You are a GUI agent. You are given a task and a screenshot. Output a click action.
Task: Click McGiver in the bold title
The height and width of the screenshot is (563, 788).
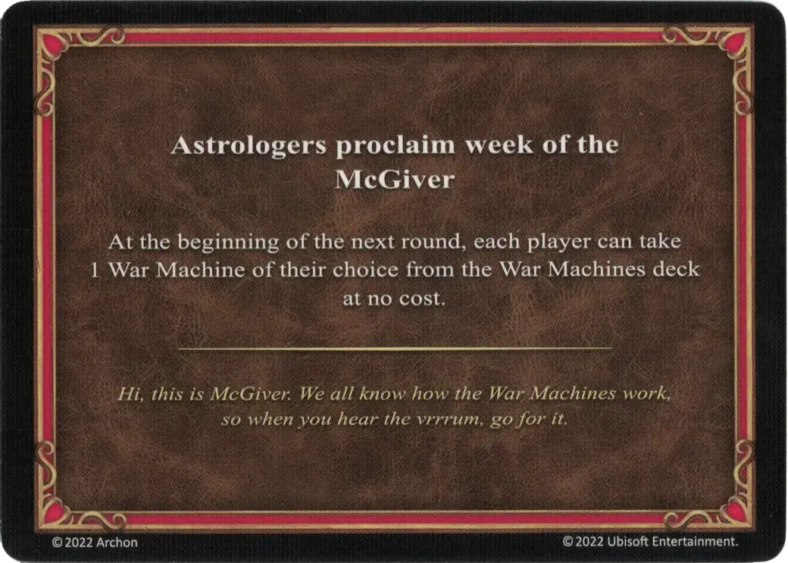[393, 180]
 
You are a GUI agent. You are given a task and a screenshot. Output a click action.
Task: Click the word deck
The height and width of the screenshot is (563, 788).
[677, 271]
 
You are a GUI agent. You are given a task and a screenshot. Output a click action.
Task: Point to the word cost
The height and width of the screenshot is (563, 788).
[423, 299]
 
